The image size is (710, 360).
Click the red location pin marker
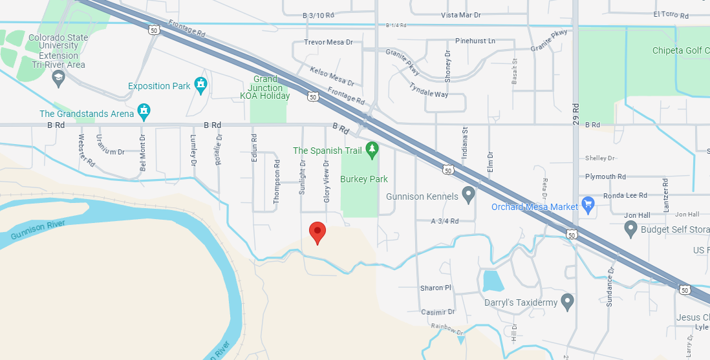pos(317,232)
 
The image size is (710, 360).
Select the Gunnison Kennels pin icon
pos(469,194)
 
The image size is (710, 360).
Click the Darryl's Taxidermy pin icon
pos(567,301)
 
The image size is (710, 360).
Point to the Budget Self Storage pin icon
pos(631,228)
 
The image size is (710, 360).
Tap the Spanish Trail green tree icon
pos(371,151)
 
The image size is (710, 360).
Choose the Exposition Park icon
pos(201,85)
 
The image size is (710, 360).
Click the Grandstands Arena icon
pos(144,112)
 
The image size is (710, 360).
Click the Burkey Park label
pos(365,179)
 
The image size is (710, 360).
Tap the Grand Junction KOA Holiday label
pos(265,88)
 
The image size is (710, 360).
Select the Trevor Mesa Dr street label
pos(328,43)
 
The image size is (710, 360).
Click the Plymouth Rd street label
pos(605,176)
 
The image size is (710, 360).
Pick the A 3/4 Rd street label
pos(444,221)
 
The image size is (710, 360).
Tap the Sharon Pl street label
pos(436,288)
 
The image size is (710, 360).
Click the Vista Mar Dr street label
pos(461,15)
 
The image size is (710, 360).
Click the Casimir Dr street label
pos(438,312)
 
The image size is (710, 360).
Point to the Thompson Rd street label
pos(277,187)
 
